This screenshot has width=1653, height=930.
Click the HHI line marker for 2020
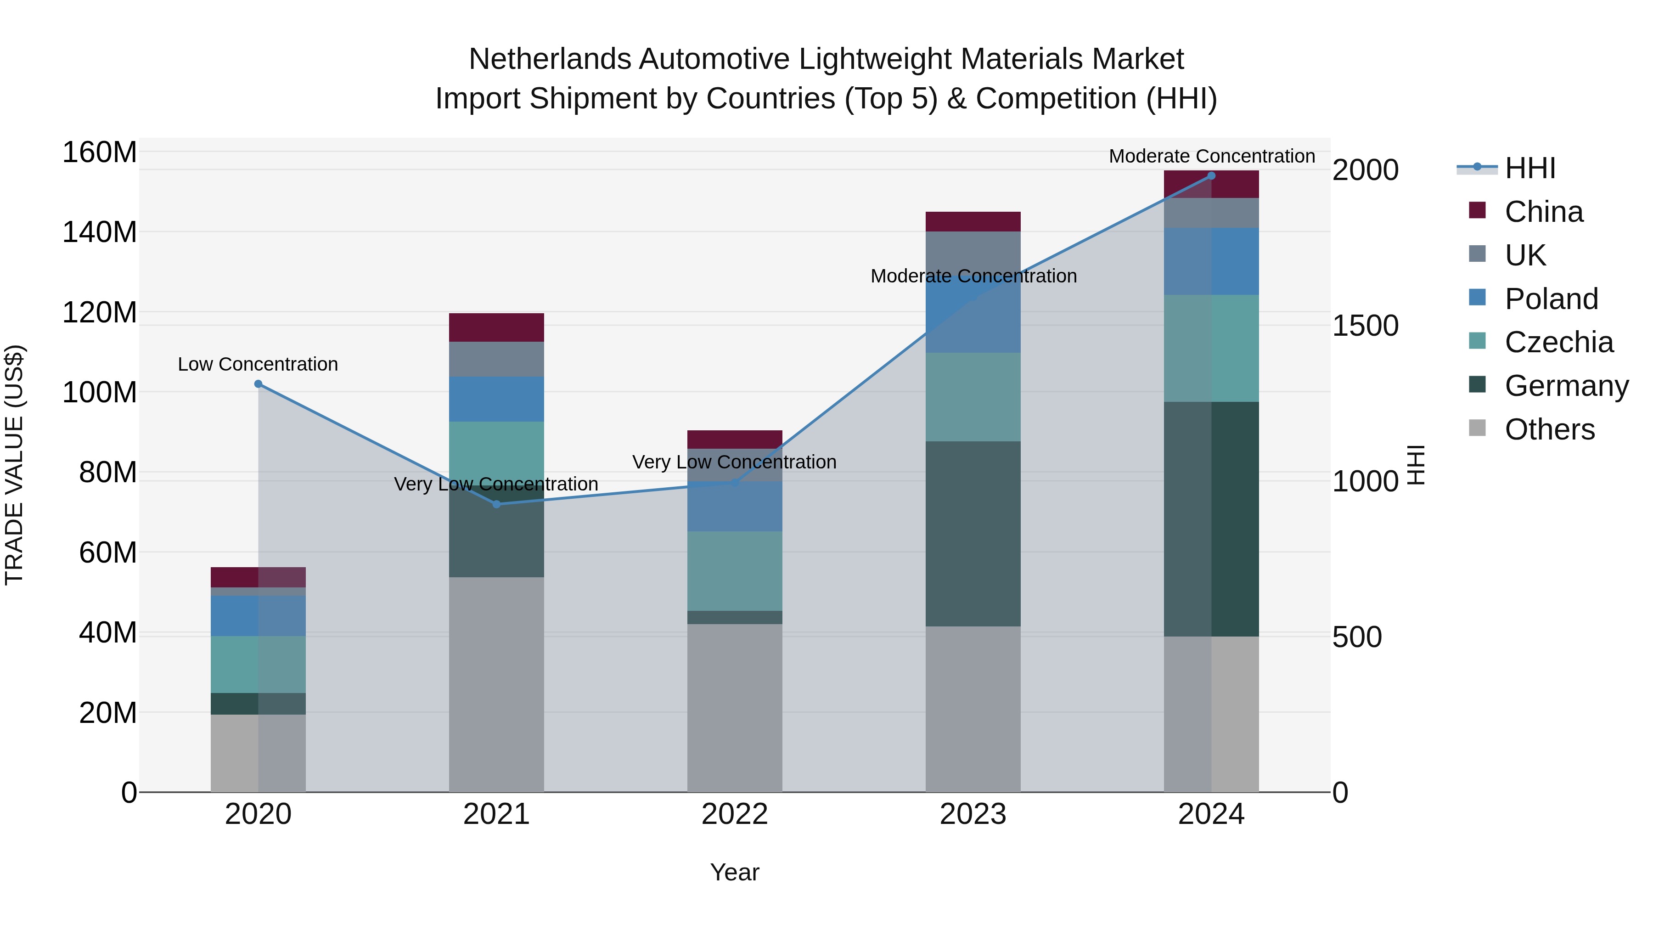(258, 384)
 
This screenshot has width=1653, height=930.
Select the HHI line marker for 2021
(496, 504)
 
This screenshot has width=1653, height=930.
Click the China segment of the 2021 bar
(496, 327)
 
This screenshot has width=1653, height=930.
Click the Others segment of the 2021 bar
(496, 684)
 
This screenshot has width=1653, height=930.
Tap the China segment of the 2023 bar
(973, 221)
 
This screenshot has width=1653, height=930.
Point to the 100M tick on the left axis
(100, 392)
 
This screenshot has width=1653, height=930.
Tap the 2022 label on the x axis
(735, 814)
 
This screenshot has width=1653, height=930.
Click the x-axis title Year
(735, 872)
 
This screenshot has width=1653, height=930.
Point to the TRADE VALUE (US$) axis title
(14, 465)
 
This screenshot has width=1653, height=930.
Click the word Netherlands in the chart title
(549, 59)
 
